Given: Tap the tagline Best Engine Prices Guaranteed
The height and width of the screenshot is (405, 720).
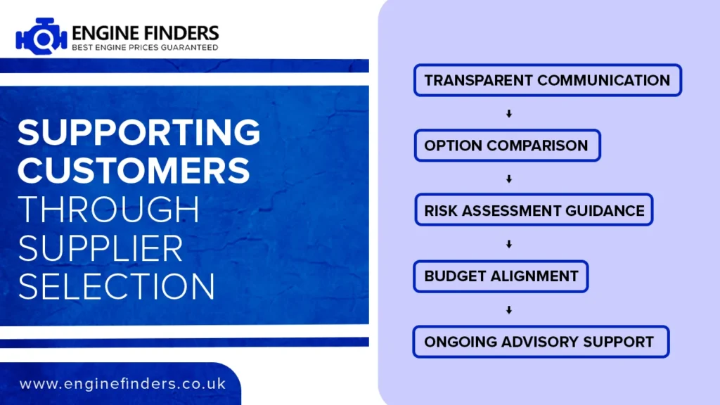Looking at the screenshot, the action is (145, 47).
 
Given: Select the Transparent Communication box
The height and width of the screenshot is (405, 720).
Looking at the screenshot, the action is (547, 80).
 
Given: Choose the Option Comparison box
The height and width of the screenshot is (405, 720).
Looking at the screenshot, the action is (508, 146).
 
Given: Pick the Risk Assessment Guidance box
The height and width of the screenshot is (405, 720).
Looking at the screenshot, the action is (534, 210).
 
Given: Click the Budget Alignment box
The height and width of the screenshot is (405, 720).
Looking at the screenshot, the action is (501, 276).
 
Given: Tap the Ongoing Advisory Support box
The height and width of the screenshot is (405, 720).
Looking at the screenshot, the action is (541, 342).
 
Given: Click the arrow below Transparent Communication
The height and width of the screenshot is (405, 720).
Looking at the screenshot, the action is (509, 113).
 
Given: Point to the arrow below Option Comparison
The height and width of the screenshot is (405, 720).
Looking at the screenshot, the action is (509, 179).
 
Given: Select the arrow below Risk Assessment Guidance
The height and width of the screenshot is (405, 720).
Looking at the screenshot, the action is (509, 244).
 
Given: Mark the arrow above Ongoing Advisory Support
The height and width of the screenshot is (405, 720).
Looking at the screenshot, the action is (509, 310).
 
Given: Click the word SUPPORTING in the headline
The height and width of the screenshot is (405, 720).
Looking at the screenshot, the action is (139, 133).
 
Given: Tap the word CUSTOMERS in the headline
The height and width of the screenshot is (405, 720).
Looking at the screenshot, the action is (134, 170).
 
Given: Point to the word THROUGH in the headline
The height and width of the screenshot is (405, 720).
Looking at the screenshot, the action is (108, 210).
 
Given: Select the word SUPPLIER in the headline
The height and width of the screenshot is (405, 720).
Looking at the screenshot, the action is (100, 248).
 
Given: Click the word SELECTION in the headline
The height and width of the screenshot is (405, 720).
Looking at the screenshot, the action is (116, 287).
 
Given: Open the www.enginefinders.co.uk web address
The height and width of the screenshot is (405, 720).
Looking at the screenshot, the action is (122, 384).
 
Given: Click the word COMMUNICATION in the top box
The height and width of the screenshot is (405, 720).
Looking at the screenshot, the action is (603, 80).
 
